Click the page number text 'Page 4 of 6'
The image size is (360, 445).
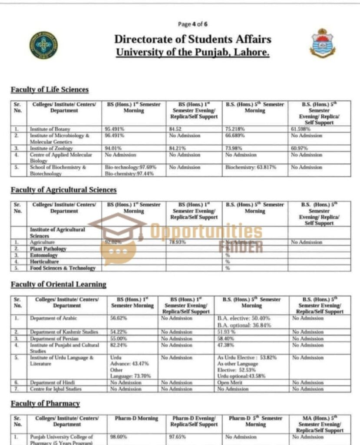coord(193,24)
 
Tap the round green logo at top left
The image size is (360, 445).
coord(44,45)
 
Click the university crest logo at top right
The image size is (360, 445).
coord(322,43)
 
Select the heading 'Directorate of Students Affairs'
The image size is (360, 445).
coord(193,39)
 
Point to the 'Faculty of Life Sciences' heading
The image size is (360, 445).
coord(50,90)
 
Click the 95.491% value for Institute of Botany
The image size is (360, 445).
coord(115,129)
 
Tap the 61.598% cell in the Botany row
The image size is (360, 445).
coord(301,129)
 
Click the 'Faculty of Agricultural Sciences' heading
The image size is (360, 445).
coord(63,190)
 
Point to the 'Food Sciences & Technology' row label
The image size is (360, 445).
coord(63,268)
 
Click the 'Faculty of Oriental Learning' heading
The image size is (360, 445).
coord(58,284)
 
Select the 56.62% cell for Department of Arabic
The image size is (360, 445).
coord(119,319)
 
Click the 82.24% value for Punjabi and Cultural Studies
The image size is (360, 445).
coord(119,345)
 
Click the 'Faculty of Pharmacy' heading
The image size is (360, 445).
coord(45,404)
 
